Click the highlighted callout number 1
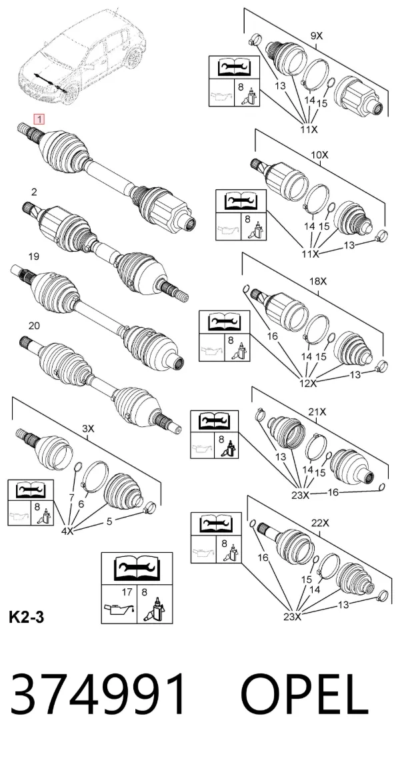pos(39,119)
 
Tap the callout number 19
pos(34,256)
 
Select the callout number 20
pos(34,326)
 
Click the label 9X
pos(316,36)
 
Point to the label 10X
pos(319,155)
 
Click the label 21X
pos(317,412)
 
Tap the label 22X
pos(320,523)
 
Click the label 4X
pos(67,531)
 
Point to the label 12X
pos(307,384)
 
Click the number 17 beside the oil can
pos(127,591)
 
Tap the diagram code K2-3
pos(27,617)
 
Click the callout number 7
pos(71,498)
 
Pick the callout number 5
pos(109,521)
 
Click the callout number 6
pos(81,504)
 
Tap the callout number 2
pos(34,192)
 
